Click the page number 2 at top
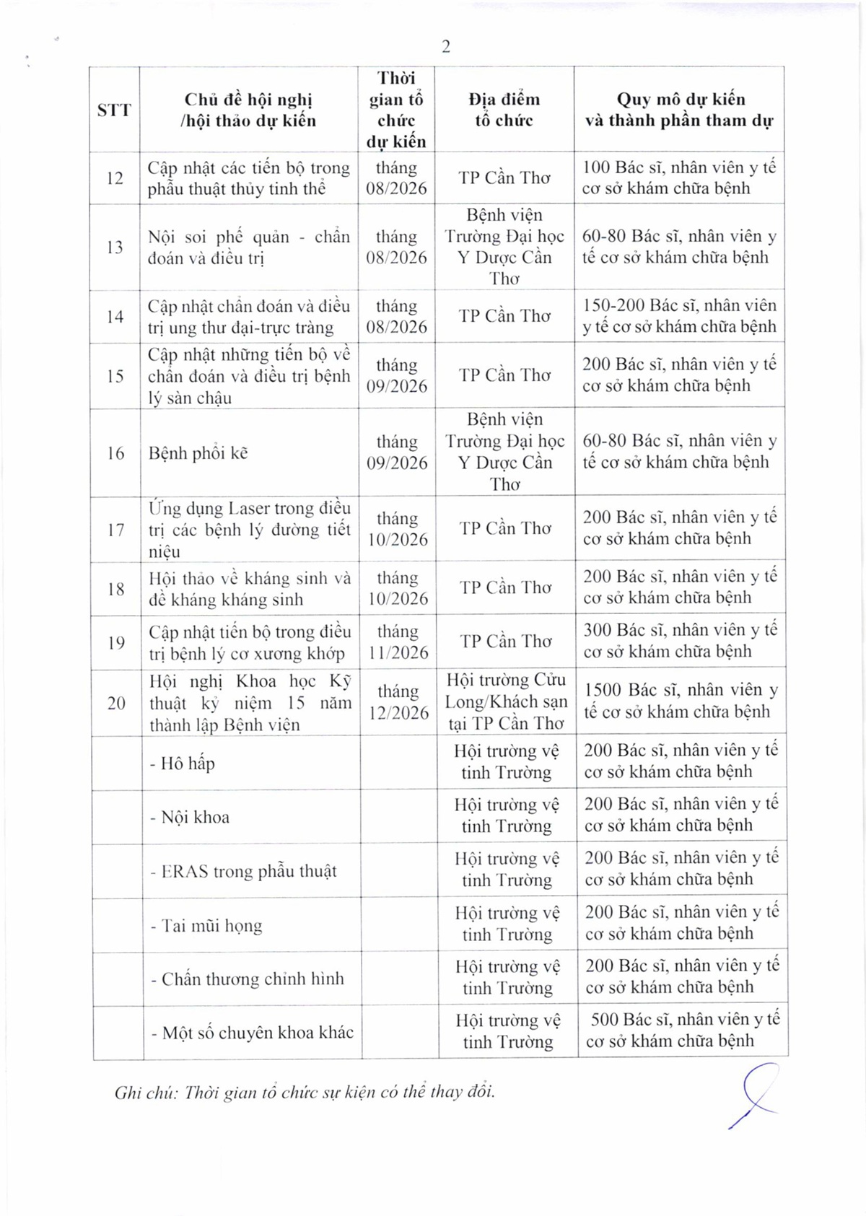click(x=446, y=47)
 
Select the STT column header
click(x=114, y=110)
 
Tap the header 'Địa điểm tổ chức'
click(x=504, y=110)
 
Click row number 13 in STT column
click(x=115, y=247)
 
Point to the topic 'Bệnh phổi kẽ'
click(x=198, y=453)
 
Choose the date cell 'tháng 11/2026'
click(x=397, y=642)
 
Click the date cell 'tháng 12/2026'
click(x=398, y=702)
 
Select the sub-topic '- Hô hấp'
click(x=182, y=763)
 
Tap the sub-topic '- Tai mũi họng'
click(x=206, y=925)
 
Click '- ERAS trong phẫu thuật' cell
click(x=243, y=871)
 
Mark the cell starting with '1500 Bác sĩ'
click(x=681, y=701)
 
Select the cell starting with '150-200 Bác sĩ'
click(x=680, y=316)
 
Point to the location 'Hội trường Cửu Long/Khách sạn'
click(x=506, y=701)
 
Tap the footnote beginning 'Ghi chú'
click(x=305, y=1091)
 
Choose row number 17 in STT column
click(x=115, y=530)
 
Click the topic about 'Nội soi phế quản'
click(x=248, y=247)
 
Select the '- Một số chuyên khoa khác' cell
click(x=252, y=1033)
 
